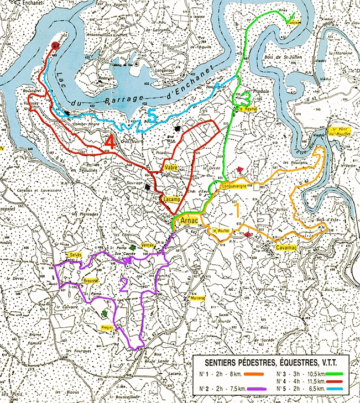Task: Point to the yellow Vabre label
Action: (170, 166)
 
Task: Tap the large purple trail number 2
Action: (124, 284)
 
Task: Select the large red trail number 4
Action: (109, 142)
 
